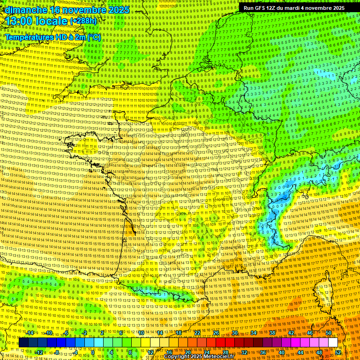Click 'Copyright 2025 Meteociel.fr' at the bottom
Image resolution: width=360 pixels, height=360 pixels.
pos(199,357)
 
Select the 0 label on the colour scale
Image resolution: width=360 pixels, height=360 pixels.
pos(93,352)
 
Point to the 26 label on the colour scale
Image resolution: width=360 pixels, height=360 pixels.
pos(216,333)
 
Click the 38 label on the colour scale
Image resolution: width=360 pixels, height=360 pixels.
pos(272,333)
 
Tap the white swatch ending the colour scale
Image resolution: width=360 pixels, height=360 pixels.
pos(333,343)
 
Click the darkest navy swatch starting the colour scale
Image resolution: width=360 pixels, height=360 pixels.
pos(23,343)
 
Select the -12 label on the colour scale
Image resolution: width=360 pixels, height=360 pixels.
pos(39,352)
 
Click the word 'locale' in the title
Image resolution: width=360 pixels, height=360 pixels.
pos(52,22)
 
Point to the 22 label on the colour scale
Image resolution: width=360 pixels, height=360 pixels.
pos(197,333)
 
